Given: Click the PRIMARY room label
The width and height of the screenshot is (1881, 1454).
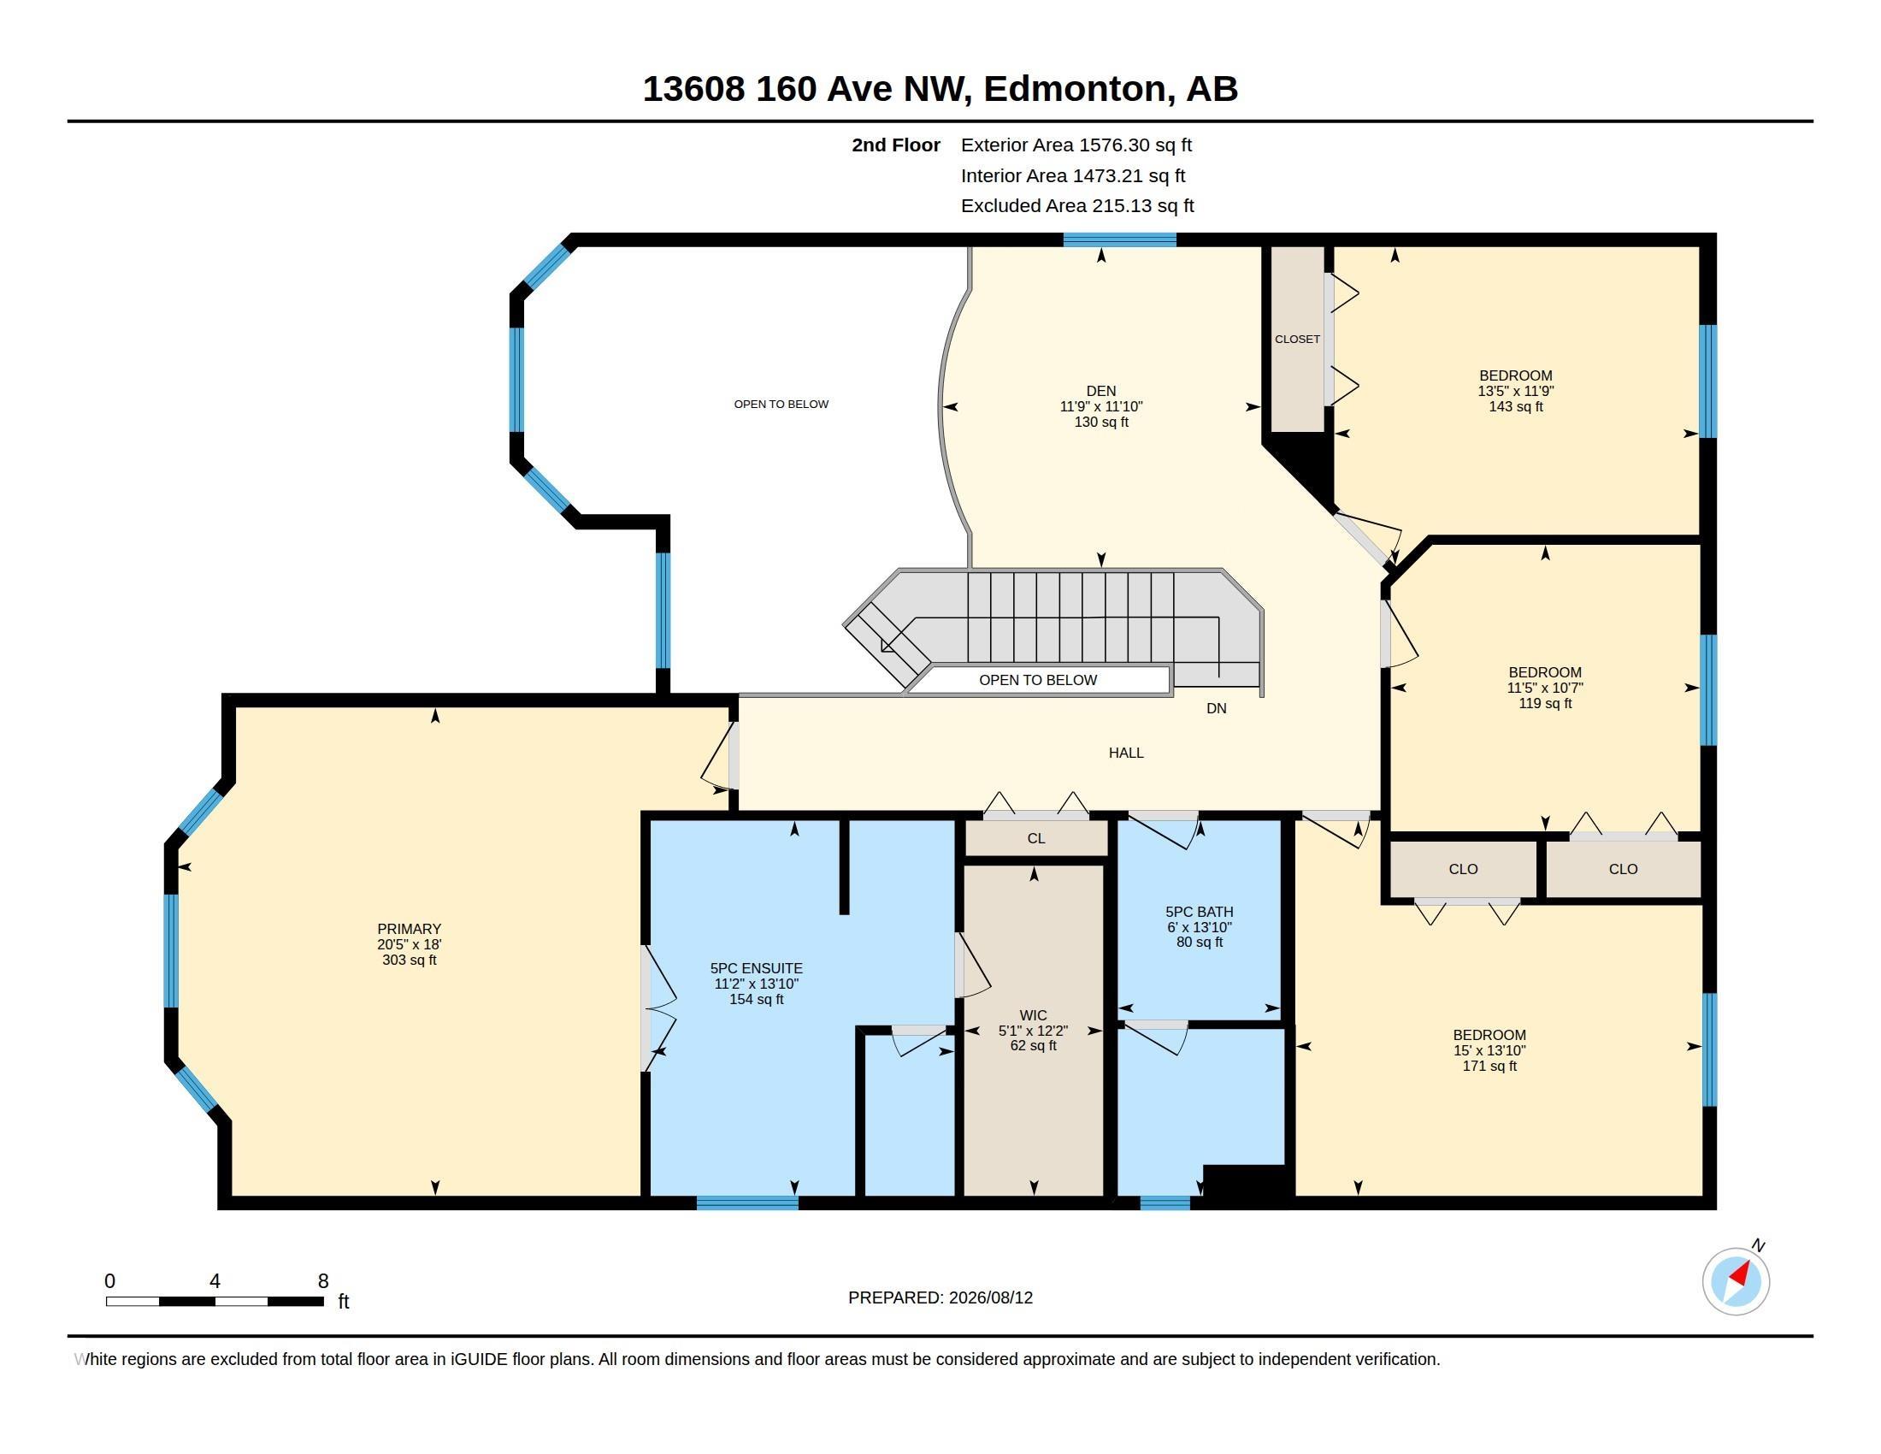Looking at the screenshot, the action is (409, 929).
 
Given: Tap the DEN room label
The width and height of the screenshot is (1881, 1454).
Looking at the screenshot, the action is (1100, 391).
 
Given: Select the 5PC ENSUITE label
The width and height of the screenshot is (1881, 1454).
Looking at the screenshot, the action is (756, 968).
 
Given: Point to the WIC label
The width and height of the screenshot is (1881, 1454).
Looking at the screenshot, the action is (1034, 1015).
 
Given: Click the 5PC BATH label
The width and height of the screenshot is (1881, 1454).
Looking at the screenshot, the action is (1199, 912).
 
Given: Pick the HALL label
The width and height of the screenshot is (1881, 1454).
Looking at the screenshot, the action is (1126, 753).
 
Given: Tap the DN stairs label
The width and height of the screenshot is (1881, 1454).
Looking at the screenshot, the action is (1216, 708).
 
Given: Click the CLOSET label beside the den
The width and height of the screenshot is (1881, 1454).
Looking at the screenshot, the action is (1297, 340).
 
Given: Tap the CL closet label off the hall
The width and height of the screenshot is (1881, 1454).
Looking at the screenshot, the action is (1036, 838).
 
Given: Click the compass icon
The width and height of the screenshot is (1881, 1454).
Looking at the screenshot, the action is (1737, 1281).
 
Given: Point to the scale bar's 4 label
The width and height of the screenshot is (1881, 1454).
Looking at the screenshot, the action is (215, 1281).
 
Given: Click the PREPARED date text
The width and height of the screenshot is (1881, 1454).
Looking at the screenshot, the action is (940, 1297).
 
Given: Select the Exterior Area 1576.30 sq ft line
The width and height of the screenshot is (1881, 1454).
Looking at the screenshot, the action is (1076, 145).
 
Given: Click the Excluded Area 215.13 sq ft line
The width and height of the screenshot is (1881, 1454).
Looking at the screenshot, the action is (1077, 206).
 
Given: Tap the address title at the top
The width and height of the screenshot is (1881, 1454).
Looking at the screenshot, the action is (940, 89).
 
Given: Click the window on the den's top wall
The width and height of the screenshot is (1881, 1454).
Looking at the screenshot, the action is (1120, 240).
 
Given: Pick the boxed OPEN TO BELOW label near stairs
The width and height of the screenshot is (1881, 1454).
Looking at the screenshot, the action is (1038, 680).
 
